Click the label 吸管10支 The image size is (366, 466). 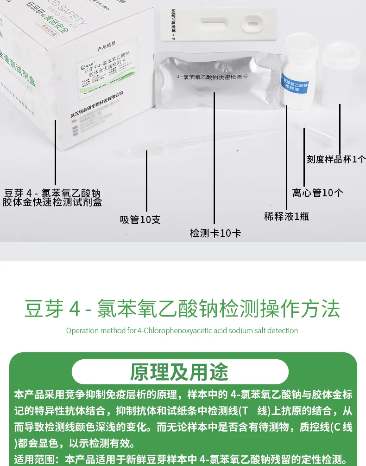pos(140,220)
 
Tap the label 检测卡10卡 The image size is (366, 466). pos(215,233)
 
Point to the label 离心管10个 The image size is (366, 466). pos(317,193)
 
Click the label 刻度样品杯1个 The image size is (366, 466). pos(336,159)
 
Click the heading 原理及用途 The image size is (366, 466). pos(180,372)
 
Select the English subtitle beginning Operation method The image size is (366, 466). pos(182,330)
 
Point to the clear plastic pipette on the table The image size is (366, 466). pos(195,142)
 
